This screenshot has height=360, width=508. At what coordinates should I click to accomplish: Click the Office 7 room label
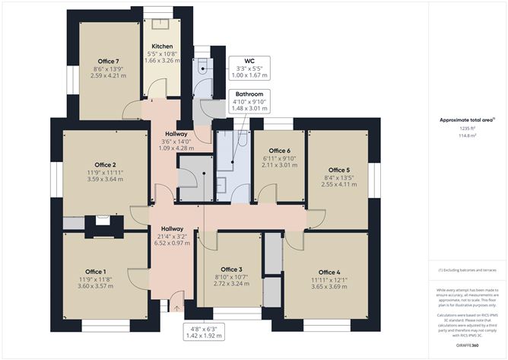click(x=106, y=61)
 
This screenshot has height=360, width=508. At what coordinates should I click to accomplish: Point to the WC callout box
click(x=249, y=66)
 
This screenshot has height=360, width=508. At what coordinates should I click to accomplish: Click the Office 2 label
click(x=105, y=164)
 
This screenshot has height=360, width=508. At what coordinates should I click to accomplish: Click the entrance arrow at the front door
click(x=178, y=308)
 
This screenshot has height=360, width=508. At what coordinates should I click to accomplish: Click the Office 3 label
click(x=231, y=269)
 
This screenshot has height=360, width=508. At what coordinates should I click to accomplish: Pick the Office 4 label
click(x=329, y=272)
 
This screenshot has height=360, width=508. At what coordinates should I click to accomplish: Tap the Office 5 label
click(x=338, y=170)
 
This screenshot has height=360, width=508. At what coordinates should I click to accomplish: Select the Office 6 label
click(x=279, y=151)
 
